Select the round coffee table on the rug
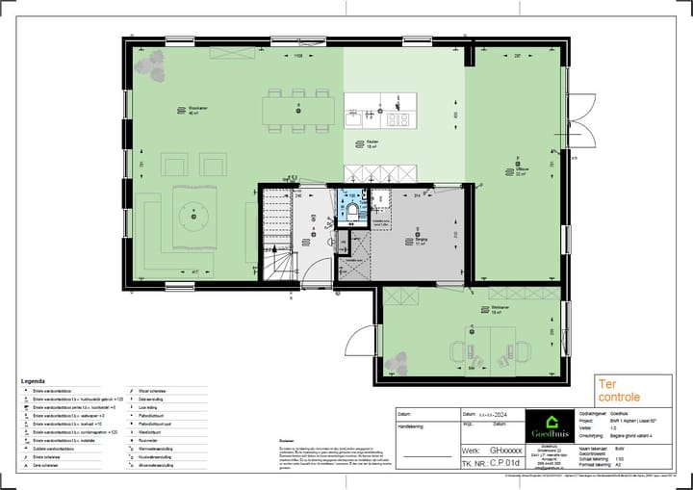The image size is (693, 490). (193, 215)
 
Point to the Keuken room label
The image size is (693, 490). (372, 143)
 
